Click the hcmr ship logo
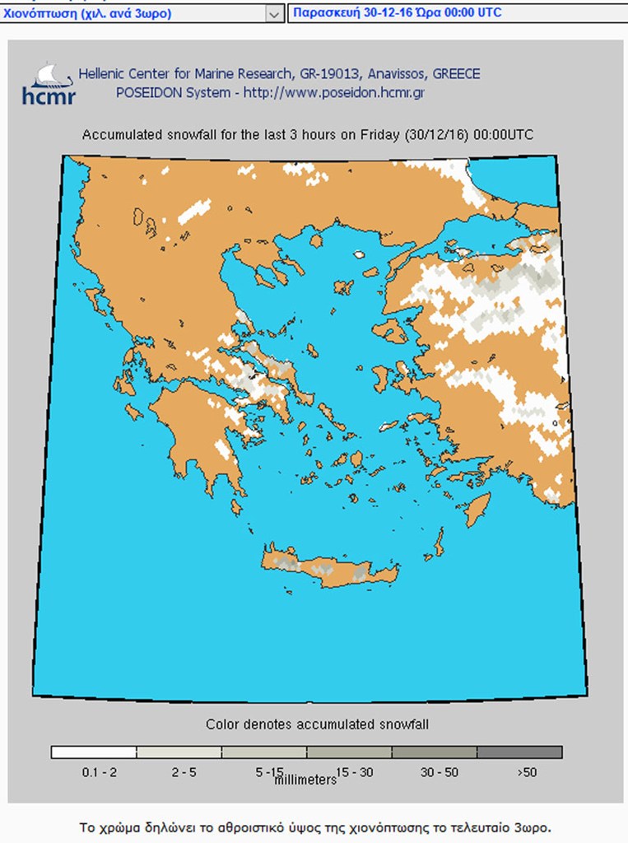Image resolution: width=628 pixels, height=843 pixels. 48,82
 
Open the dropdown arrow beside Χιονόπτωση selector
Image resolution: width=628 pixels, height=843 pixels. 274,13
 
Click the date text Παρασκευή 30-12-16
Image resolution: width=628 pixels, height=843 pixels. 345,12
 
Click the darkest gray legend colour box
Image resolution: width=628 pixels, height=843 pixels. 519,752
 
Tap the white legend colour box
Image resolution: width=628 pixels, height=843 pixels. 93,752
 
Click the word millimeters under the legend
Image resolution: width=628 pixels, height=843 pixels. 305,780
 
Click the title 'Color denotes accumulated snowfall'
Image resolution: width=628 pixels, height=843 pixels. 317,724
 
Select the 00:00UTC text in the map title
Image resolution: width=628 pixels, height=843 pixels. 502,135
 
